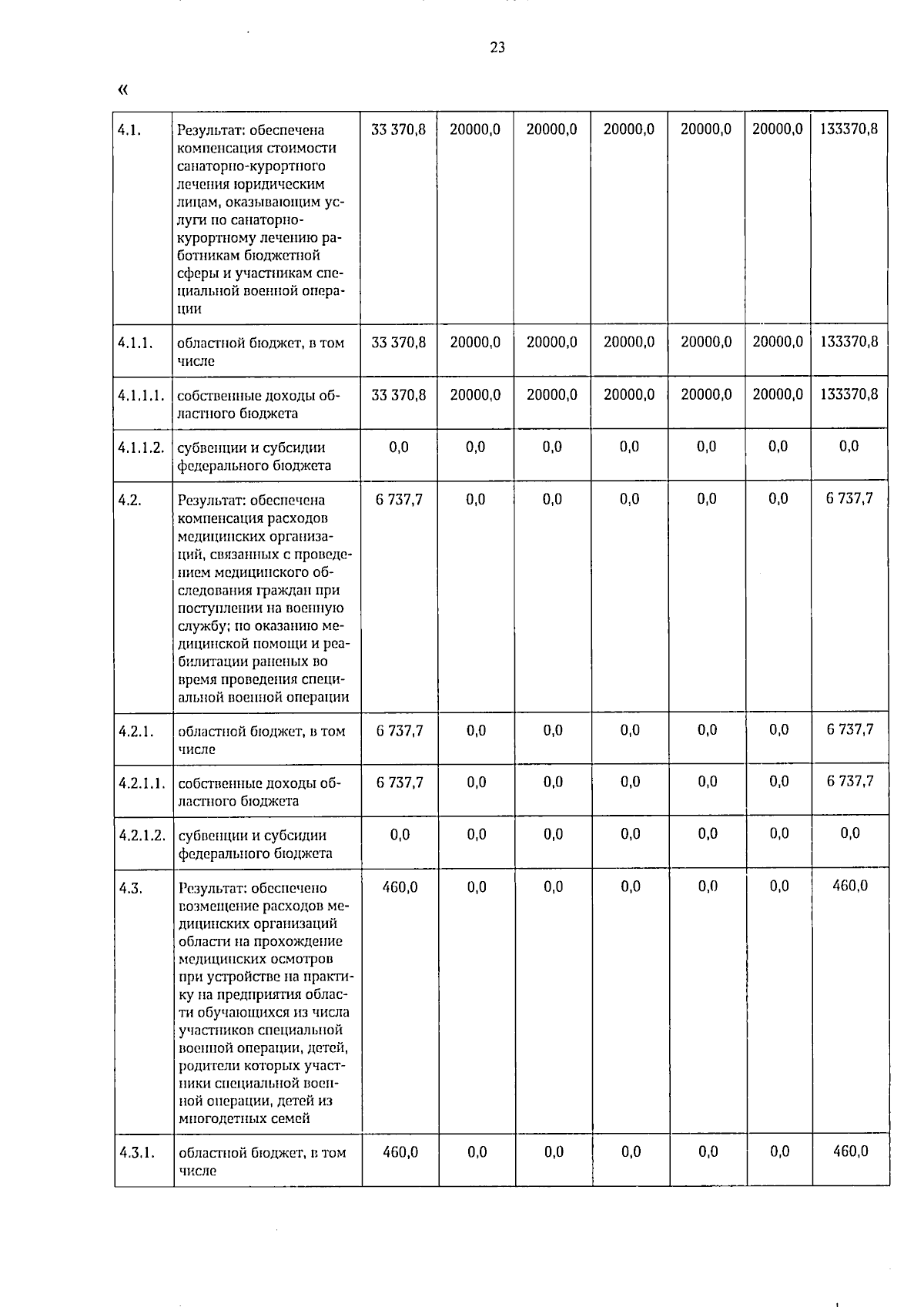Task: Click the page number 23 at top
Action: coord(497,48)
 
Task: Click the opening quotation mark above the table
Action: coord(122,89)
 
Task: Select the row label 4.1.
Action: coord(129,129)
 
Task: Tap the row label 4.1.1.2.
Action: coord(141,447)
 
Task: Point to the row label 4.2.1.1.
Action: coord(142,783)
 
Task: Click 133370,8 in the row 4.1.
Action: coord(849,129)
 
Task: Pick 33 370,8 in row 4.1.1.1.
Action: coord(398,394)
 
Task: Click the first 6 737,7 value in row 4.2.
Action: coord(399,499)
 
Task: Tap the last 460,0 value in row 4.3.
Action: coord(850,886)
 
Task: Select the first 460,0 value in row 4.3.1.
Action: coord(400,1151)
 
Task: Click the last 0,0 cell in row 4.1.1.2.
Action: coord(849,446)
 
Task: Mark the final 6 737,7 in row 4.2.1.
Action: coord(850,729)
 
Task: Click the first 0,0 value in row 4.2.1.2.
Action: coord(400,834)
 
